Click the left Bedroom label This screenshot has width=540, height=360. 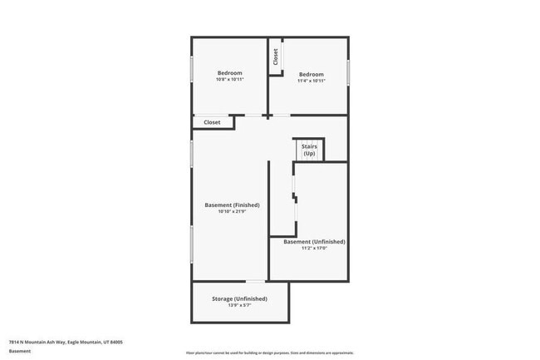point(230,73)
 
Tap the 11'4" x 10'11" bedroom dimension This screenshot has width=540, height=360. point(311,81)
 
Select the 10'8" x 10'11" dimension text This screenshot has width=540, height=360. point(230,81)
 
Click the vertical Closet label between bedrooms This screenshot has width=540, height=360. point(275,56)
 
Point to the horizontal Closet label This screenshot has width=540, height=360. point(212,122)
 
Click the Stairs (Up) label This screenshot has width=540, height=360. point(309,150)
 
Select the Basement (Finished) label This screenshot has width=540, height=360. point(232,205)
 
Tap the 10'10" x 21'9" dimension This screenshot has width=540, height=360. point(232,212)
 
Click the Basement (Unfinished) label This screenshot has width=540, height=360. point(314,242)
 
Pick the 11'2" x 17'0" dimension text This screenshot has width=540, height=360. point(314,249)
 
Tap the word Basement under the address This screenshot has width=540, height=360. point(20,351)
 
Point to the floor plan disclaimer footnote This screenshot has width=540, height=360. point(270,353)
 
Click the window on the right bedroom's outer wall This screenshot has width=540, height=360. point(348,72)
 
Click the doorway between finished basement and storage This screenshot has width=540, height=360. point(256,281)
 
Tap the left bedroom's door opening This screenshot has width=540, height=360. point(251,115)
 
